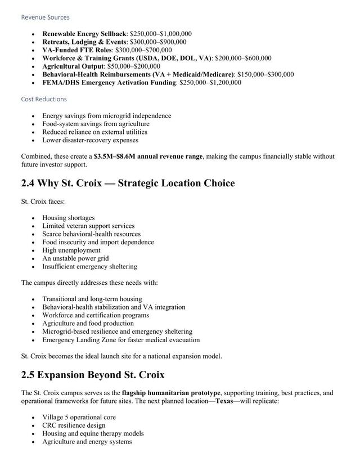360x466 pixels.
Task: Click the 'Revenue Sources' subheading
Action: pyautogui.click(x=45, y=17)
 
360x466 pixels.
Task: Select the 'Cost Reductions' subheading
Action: pyautogui.click(x=44, y=99)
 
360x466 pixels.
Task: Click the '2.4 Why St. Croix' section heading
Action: pyautogui.click(x=128, y=183)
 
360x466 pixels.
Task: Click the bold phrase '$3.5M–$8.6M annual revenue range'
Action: pyautogui.click(x=148, y=156)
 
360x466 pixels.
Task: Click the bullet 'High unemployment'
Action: pyautogui.click(x=71, y=250)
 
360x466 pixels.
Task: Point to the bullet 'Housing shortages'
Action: pyautogui.click(x=69, y=218)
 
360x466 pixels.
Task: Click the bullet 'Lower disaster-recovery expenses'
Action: pyautogui.click(x=90, y=140)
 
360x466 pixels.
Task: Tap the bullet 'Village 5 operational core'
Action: pyautogui.click(x=79, y=418)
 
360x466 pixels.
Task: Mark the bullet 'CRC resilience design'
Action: pyautogui.click(x=74, y=425)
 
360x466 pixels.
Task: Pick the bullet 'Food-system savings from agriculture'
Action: pyautogui.click(x=96, y=124)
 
